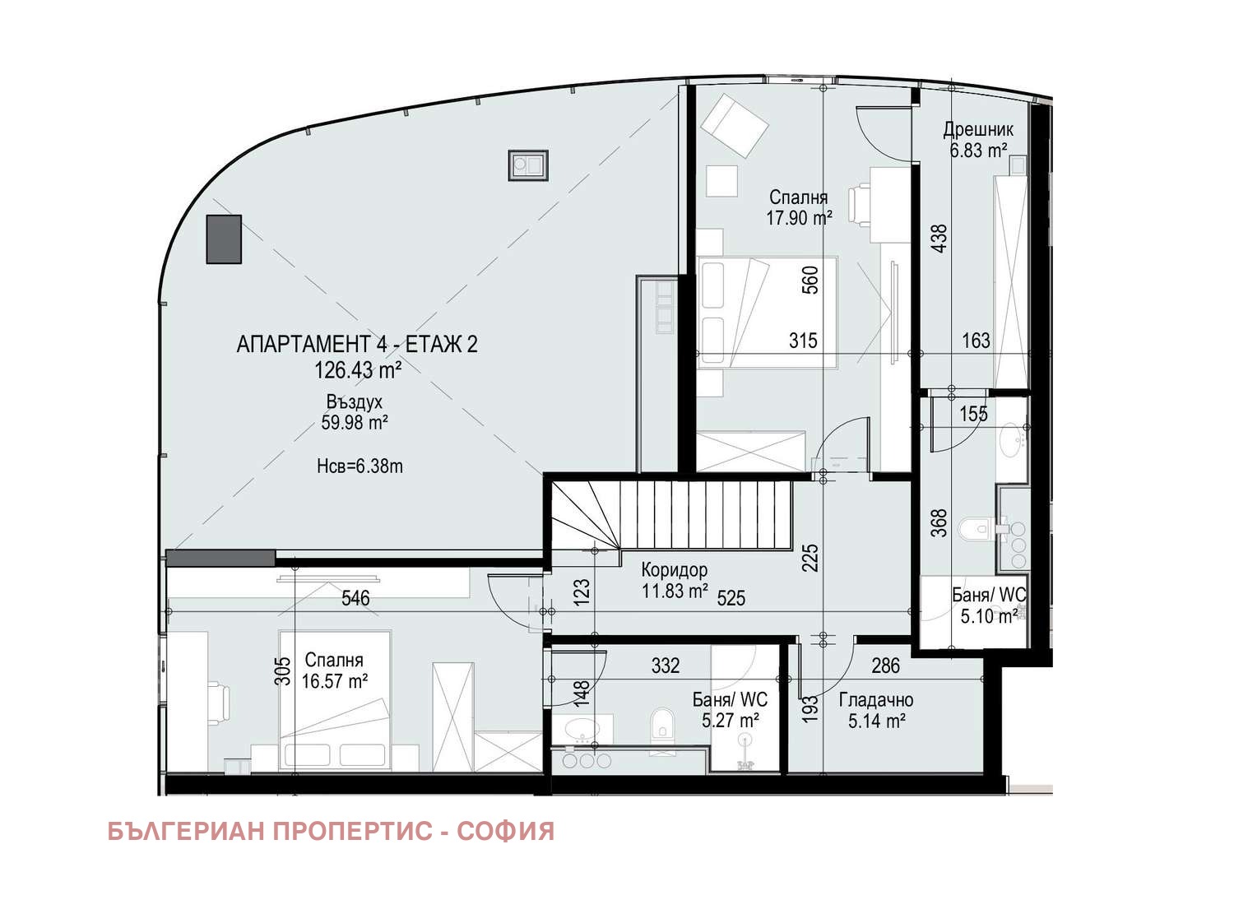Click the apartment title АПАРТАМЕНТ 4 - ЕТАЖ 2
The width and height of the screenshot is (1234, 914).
pyautogui.click(x=356, y=344)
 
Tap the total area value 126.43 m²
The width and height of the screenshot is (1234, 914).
pyautogui.click(x=357, y=371)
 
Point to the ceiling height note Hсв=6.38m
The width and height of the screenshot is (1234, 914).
pyautogui.click(x=360, y=466)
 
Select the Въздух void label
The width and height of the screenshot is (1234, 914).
pyautogui.click(x=355, y=402)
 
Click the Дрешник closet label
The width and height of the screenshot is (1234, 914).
pyautogui.click(x=977, y=129)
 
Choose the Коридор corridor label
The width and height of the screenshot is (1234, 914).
pyautogui.click(x=674, y=569)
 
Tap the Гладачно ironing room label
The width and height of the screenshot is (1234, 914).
pyautogui.click(x=875, y=700)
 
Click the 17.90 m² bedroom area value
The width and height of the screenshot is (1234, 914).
pyautogui.click(x=798, y=218)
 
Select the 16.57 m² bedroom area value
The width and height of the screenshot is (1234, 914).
pyautogui.click(x=334, y=681)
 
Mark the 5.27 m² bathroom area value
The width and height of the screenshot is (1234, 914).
pyautogui.click(x=730, y=721)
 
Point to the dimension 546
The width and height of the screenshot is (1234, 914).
pyautogui.click(x=355, y=598)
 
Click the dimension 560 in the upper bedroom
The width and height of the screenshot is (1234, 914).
pyautogui.click(x=810, y=280)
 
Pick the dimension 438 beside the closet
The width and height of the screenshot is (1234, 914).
pyautogui.click(x=939, y=238)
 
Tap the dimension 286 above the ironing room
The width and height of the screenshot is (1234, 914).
pyautogui.click(x=885, y=666)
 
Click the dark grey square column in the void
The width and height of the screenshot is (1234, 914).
pyautogui.click(x=224, y=239)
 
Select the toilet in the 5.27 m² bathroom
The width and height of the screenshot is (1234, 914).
pyautogui.click(x=661, y=728)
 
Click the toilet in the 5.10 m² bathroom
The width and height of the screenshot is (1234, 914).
pyautogui.click(x=980, y=527)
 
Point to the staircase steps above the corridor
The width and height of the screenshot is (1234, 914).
pyautogui.click(x=707, y=514)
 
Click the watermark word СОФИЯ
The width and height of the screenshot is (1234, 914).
pyautogui.click(x=505, y=832)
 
